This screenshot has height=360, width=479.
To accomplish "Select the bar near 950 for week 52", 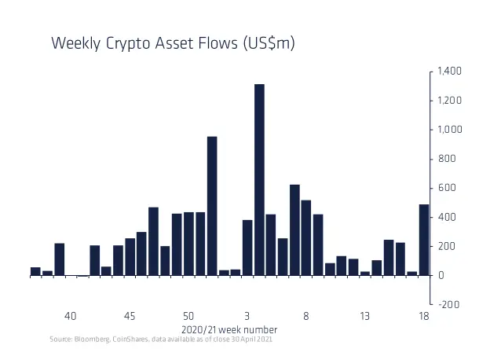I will point(212,205).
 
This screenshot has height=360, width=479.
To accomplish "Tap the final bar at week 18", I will point(424,240).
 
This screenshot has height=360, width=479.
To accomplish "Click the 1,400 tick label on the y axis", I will point(450,72).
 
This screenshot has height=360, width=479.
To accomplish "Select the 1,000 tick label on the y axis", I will point(450,130).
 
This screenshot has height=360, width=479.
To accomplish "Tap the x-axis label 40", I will point(71,316).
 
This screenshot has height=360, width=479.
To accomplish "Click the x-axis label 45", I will point(130,316).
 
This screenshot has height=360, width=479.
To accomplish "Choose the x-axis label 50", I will point(188,316).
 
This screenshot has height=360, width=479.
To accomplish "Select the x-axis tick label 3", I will point(247,316).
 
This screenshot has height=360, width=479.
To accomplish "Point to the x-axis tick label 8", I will point(306,316).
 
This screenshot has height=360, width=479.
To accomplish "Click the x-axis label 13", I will point(365,316).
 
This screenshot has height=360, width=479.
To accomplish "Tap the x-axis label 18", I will point(424,316).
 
